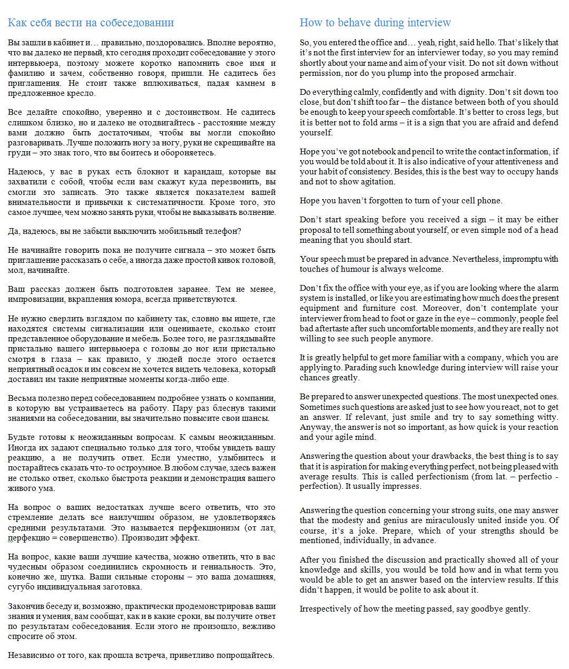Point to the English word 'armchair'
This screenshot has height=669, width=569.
pos(498,73)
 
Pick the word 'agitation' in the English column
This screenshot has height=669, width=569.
pos(375,182)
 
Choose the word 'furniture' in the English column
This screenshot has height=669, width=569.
pos(379,308)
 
